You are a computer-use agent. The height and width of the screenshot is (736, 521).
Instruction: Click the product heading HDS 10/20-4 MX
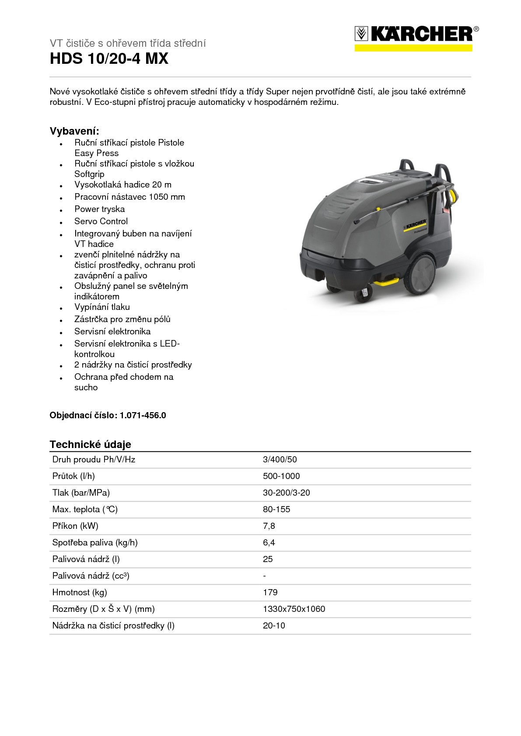coord(109,59)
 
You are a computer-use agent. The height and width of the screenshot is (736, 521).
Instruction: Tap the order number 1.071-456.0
coord(143,415)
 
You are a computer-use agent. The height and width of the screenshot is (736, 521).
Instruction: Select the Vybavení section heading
coord(74,131)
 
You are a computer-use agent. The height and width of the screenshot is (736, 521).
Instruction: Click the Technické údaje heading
coord(90,444)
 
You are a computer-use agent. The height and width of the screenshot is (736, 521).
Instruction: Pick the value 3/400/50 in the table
coord(280,459)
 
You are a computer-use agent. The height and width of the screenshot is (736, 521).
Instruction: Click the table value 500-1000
coord(281,476)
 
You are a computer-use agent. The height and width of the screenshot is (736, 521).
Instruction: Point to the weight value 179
coord(270,592)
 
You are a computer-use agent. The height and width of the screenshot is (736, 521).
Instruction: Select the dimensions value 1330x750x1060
coord(294,609)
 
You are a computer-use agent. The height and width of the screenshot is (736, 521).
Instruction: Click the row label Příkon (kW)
coord(75,526)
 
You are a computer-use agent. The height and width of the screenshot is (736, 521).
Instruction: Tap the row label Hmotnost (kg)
coord(80,592)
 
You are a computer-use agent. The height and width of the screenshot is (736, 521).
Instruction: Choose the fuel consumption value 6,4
coord(269,542)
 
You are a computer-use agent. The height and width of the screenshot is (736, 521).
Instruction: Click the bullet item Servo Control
coord(101,221)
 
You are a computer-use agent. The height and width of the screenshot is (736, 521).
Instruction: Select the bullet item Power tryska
coord(99,209)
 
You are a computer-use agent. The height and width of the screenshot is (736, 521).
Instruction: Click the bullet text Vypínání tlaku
coord(102,307)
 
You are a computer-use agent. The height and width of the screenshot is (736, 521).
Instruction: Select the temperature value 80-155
coord(276,509)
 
